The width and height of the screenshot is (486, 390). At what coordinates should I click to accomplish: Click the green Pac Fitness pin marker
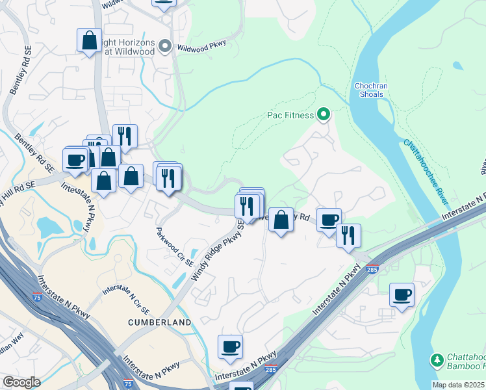[x=324, y=116]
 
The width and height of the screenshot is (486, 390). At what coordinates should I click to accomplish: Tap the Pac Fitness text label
[x=290, y=116]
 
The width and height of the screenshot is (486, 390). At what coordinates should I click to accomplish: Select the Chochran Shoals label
[x=369, y=90]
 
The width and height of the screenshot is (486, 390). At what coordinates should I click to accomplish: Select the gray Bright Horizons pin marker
[x=165, y=47]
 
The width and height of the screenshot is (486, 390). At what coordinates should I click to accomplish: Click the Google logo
[x=21, y=382]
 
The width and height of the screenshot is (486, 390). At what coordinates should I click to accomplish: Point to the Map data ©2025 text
[x=457, y=385]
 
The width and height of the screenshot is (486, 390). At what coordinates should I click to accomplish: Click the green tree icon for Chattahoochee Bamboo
[x=437, y=359]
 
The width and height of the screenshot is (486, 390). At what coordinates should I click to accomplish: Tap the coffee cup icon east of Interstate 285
[x=402, y=294]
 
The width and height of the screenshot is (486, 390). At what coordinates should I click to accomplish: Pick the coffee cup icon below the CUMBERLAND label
[x=229, y=346]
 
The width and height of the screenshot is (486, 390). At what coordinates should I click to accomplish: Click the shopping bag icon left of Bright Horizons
[x=89, y=40]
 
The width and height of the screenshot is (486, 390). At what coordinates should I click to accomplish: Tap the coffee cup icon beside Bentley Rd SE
[x=75, y=160]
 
